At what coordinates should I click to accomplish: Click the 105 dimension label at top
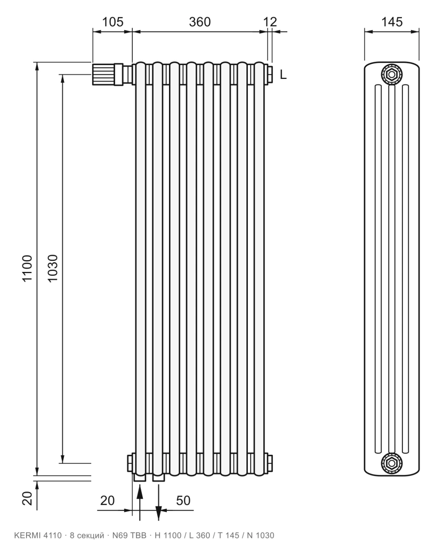[x=112, y=22]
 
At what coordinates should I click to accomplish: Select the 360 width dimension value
[x=200, y=22]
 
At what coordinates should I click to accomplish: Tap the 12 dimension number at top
[x=270, y=22]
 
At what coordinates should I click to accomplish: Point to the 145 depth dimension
[x=392, y=22]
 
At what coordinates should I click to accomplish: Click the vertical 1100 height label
[x=28, y=268]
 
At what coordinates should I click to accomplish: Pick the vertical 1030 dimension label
[x=52, y=268]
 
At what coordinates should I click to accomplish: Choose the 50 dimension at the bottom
[x=183, y=500]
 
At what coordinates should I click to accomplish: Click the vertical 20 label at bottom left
[x=28, y=498]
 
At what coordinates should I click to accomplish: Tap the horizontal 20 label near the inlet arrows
[x=107, y=500]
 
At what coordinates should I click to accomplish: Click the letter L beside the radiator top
[x=283, y=75]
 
